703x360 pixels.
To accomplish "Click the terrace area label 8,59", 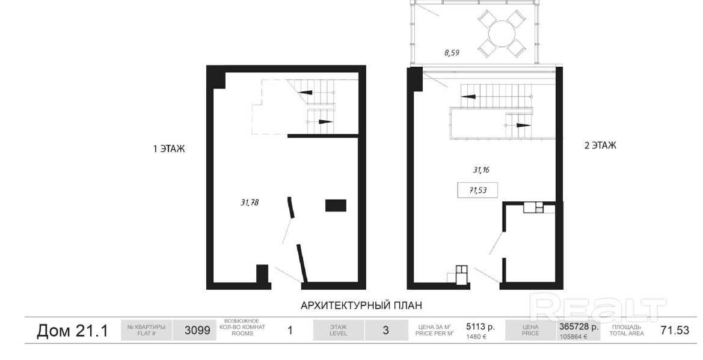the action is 452,53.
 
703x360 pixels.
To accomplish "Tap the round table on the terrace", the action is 502,33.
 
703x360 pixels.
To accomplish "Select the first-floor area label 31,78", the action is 250,203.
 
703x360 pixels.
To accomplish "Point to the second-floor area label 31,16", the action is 480,170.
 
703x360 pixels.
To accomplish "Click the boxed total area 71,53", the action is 478,190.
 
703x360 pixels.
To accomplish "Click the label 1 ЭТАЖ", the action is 168,149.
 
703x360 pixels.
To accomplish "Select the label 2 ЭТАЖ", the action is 600,145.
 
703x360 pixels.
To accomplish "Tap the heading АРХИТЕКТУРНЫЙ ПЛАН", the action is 361,306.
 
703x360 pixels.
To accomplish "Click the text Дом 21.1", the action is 72,331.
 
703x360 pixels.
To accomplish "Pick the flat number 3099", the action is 197,331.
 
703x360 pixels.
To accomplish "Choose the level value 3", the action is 385,331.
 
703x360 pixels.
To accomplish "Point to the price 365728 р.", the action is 579,327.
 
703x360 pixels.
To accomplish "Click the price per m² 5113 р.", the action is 480,327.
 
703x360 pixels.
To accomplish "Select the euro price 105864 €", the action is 573,337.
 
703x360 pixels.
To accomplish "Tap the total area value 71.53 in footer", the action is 675,331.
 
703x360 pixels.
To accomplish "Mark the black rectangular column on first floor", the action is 336,206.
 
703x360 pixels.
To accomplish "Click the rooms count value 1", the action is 290,331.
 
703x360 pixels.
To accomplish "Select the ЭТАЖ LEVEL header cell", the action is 339,331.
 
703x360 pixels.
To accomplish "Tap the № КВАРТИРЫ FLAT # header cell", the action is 147,331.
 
